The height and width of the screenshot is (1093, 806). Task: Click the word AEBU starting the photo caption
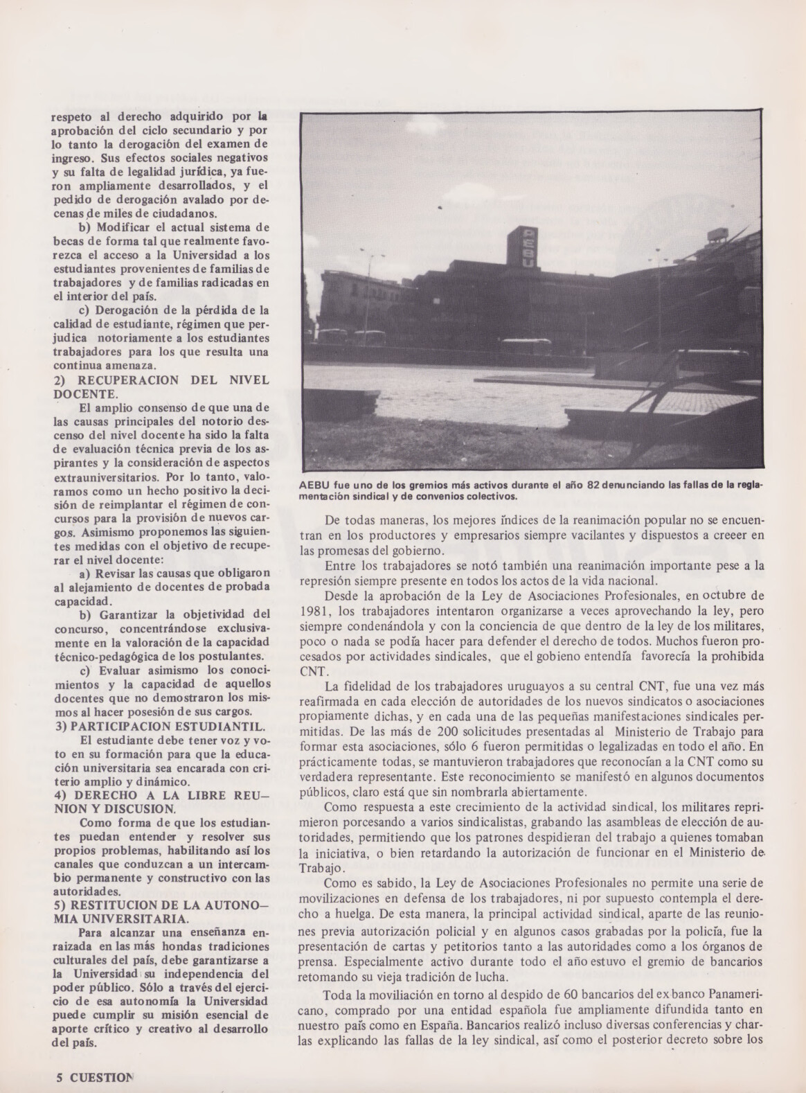click(316, 486)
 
